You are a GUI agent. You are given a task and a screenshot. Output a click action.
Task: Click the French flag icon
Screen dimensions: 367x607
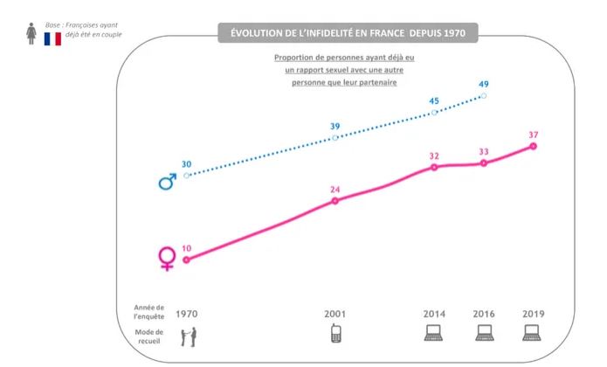click(x=52, y=38)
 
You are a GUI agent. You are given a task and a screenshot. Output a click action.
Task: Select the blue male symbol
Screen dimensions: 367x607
click(x=166, y=181)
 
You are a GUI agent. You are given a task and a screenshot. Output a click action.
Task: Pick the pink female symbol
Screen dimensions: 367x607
click(x=166, y=258)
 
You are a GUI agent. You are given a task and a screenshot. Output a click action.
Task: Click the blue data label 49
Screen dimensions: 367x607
click(x=484, y=84)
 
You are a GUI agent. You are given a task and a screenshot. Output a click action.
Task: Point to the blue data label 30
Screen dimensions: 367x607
click(x=186, y=163)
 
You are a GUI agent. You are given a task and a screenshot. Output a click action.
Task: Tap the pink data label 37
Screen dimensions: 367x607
click(x=534, y=135)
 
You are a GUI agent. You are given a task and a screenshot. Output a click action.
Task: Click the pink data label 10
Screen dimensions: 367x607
click(x=186, y=248)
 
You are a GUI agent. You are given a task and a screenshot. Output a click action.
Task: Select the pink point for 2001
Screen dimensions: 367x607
click(x=335, y=201)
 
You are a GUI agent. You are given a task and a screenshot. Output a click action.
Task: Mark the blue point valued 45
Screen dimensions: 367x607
click(x=434, y=113)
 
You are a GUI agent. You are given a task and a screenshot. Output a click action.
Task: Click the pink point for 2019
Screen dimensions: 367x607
click(x=534, y=146)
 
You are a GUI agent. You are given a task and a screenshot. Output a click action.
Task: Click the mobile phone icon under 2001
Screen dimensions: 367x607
click(x=335, y=333)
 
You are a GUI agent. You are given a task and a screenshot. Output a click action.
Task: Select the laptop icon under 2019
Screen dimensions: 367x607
click(x=533, y=333)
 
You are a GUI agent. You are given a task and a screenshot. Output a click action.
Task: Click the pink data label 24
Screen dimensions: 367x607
click(x=335, y=189)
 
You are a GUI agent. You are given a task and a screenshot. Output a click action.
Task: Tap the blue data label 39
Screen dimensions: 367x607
click(x=335, y=126)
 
